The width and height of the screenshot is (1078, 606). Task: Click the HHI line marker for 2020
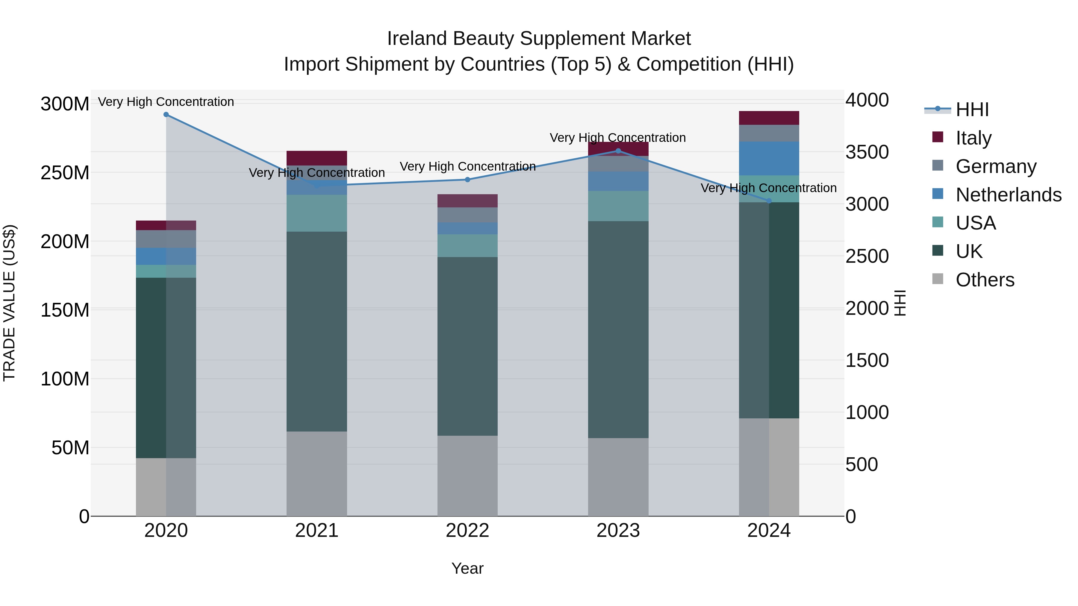pyautogui.click(x=166, y=115)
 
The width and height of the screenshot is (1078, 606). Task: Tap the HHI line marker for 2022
pyautogui.click(x=467, y=180)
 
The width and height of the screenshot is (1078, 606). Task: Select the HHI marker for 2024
pyautogui.click(x=769, y=201)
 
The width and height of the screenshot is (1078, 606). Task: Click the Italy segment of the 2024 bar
pyautogui.click(x=769, y=118)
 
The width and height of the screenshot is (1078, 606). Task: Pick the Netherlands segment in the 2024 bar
pyautogui.click(x=769, y=159)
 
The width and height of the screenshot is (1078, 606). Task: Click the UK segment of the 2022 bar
pyautogui.click(x=467, y=346)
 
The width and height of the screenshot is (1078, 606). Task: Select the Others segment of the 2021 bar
pyautogui.click(x=317, y=473)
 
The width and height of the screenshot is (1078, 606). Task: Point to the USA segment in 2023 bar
pyautogui.click(x=618, y=206)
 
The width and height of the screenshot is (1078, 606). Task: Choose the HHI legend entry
pyautogui.click(x=972, y=110)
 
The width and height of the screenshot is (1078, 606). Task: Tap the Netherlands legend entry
pyautogui.click(x=1008, y=195)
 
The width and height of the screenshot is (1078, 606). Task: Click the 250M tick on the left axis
pyautogui.click(x=65, y=173)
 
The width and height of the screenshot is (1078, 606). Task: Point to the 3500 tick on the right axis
pyautogui.click(x=867, y=152)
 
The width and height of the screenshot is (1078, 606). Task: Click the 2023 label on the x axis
pyautogui.click(x=618, y=531)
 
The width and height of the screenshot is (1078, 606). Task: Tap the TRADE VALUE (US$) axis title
pyautogui.click(x=9, y=303)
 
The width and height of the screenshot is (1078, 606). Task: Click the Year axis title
pyautogui.click(x=467, y=568)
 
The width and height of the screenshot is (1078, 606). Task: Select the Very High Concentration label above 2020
pyautogui.click(x=166, y=102)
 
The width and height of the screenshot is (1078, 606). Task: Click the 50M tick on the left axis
pyautogui.click(x=70, y=448)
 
